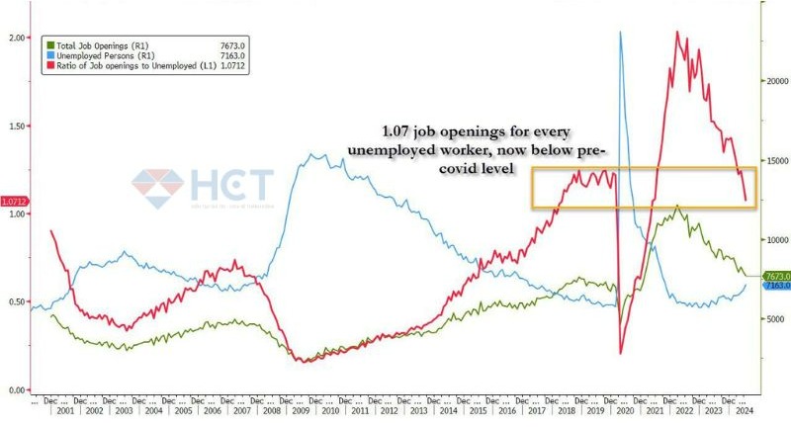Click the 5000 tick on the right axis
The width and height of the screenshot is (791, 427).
pyautogui.click(x=770, y=319)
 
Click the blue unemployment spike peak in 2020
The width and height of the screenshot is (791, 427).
pyautogui.click(x=620, y=33)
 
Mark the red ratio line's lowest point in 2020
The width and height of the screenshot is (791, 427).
pyautogui.click(x=621, y=352)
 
